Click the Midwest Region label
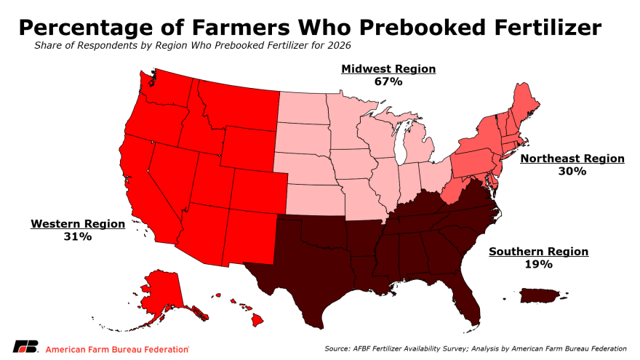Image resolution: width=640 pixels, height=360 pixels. [388, 69]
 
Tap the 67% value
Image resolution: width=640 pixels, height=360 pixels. [388, 81]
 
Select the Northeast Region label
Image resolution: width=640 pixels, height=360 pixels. [572, 159]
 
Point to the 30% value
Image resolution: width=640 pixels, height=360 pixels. [572, 172]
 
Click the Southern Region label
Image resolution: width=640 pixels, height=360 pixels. [538, 252]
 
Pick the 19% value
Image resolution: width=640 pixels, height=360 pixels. [538, 265]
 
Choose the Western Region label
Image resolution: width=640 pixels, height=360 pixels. [78, 224]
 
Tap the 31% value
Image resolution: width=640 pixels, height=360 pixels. [78, 237]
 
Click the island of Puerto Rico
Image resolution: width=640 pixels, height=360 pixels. [539, 295]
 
